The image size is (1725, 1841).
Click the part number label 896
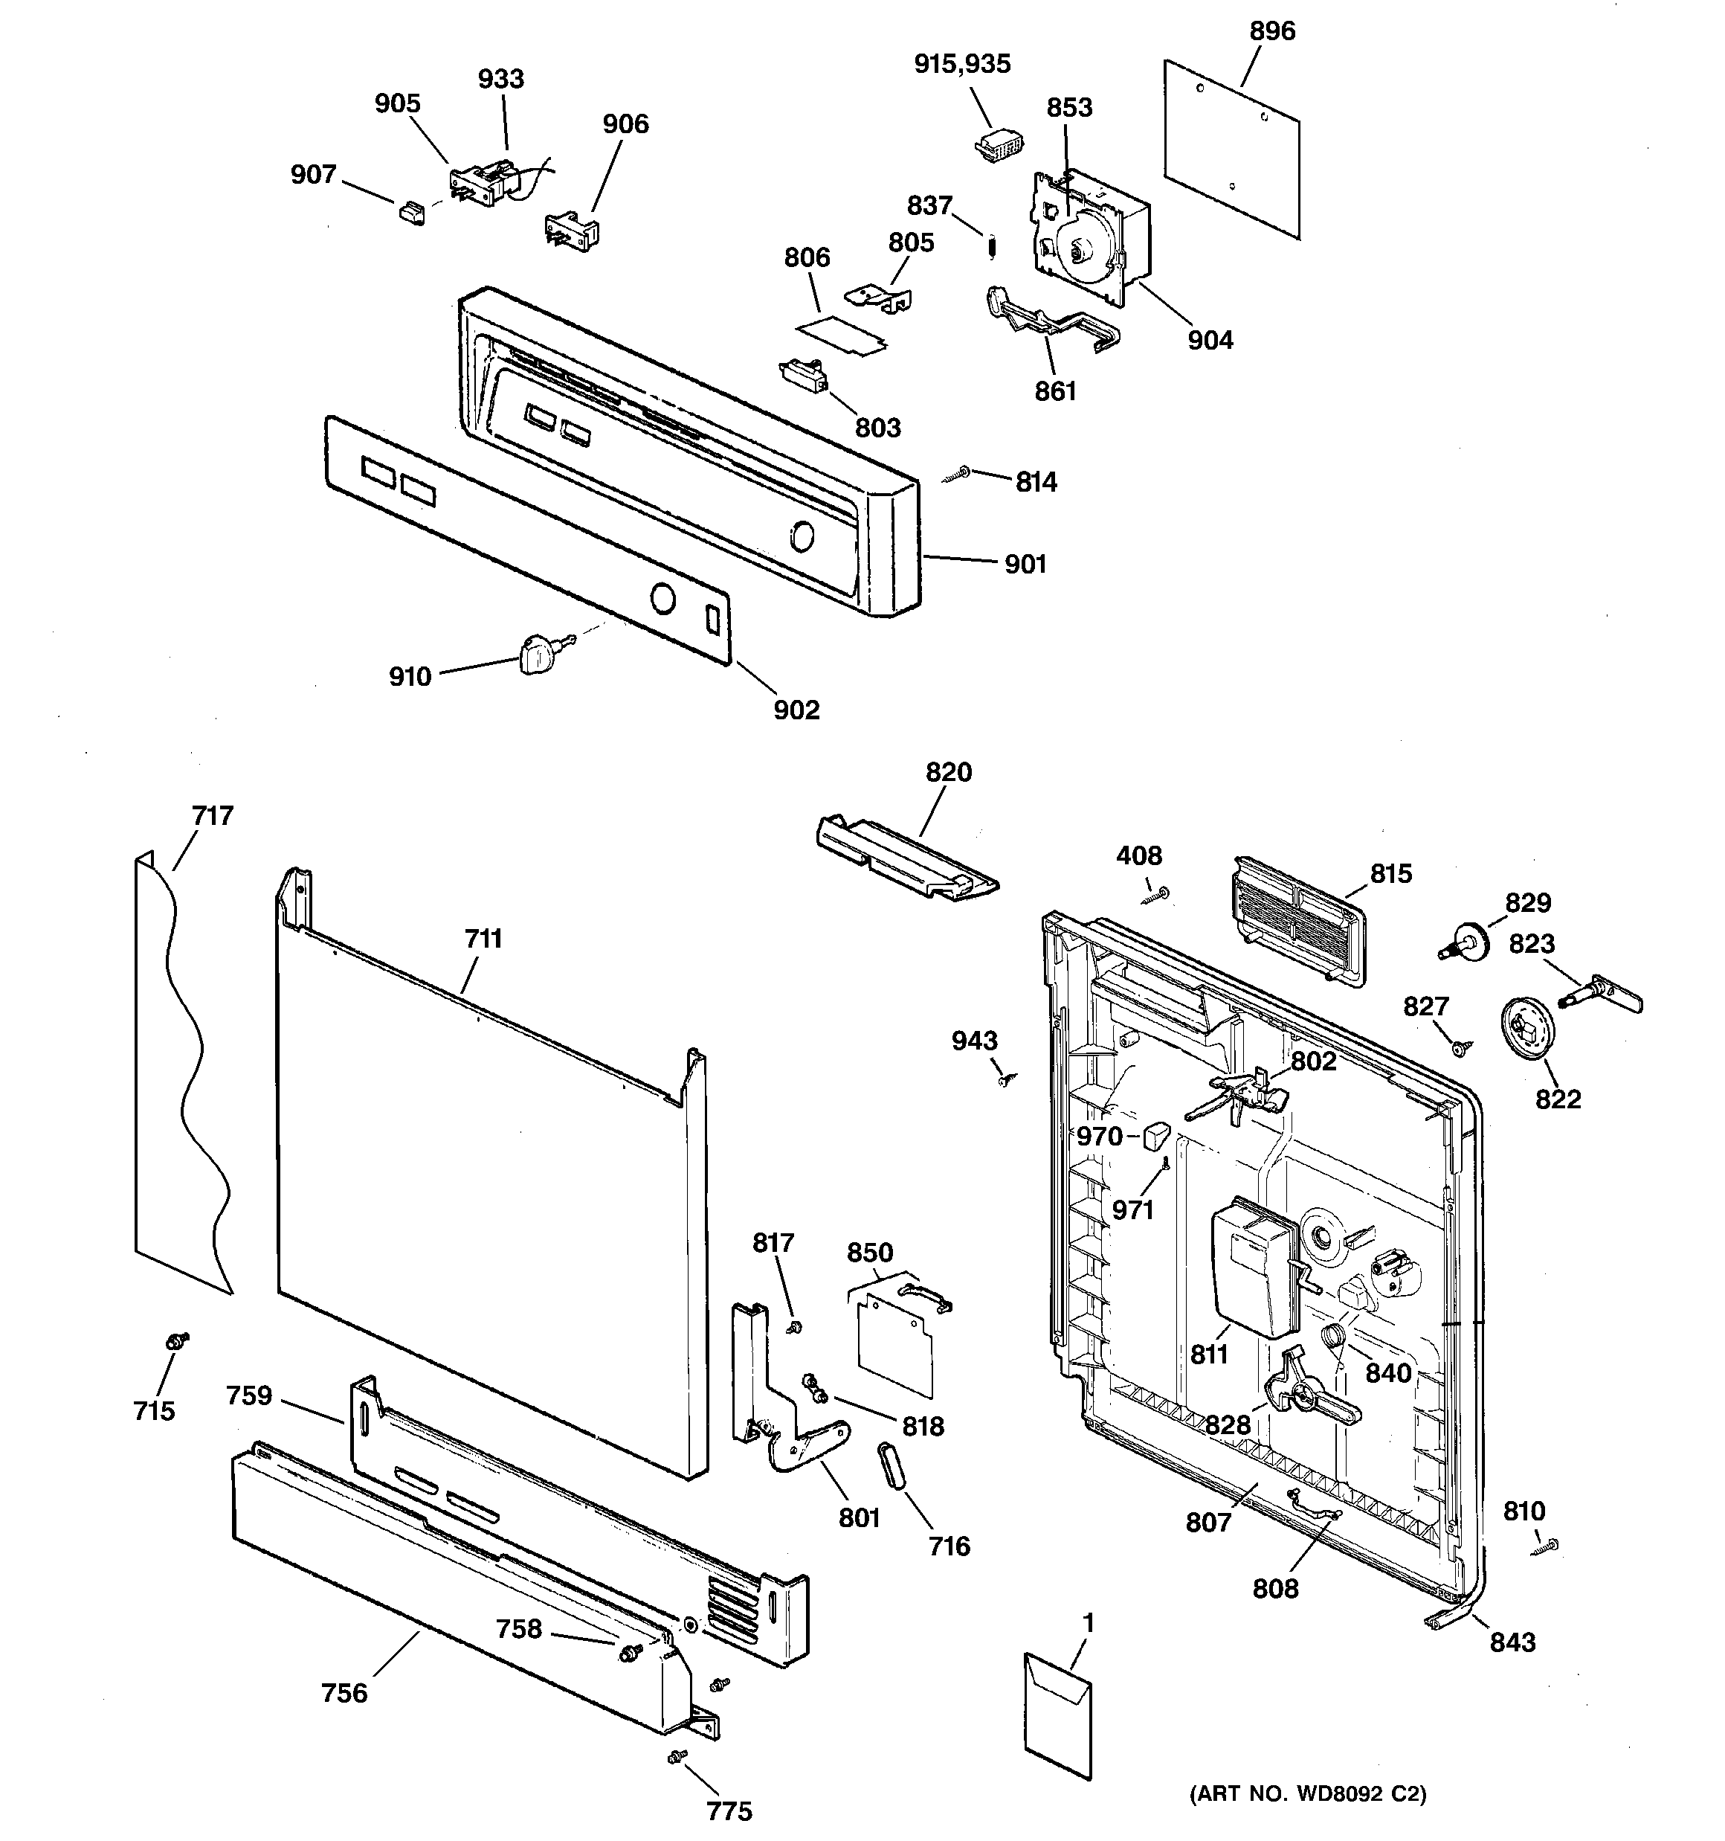point(1272,31)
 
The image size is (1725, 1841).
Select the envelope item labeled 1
point(1058,1716)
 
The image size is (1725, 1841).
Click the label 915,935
point(962,64)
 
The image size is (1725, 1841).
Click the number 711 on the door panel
point(483,939)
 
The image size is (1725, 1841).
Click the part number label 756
point(344,1693)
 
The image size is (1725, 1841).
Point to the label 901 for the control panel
point(1025,564)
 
